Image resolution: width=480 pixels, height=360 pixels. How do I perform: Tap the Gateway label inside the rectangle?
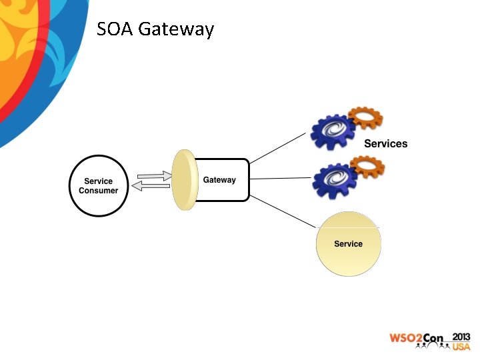pos(219,180)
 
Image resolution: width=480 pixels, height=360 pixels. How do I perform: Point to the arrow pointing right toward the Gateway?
pos(154,176)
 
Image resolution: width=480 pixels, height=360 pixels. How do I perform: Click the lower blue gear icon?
pos(335,180)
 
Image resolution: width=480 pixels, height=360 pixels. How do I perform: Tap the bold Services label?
pos(385,144)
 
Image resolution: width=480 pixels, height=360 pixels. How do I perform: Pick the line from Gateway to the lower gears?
pos(280,179)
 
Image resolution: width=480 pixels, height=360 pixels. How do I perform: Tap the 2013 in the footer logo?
pos(461,336)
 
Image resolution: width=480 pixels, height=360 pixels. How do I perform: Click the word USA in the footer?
pos(461,347)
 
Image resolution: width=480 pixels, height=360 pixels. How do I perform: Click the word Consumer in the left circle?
pos(99,191)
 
